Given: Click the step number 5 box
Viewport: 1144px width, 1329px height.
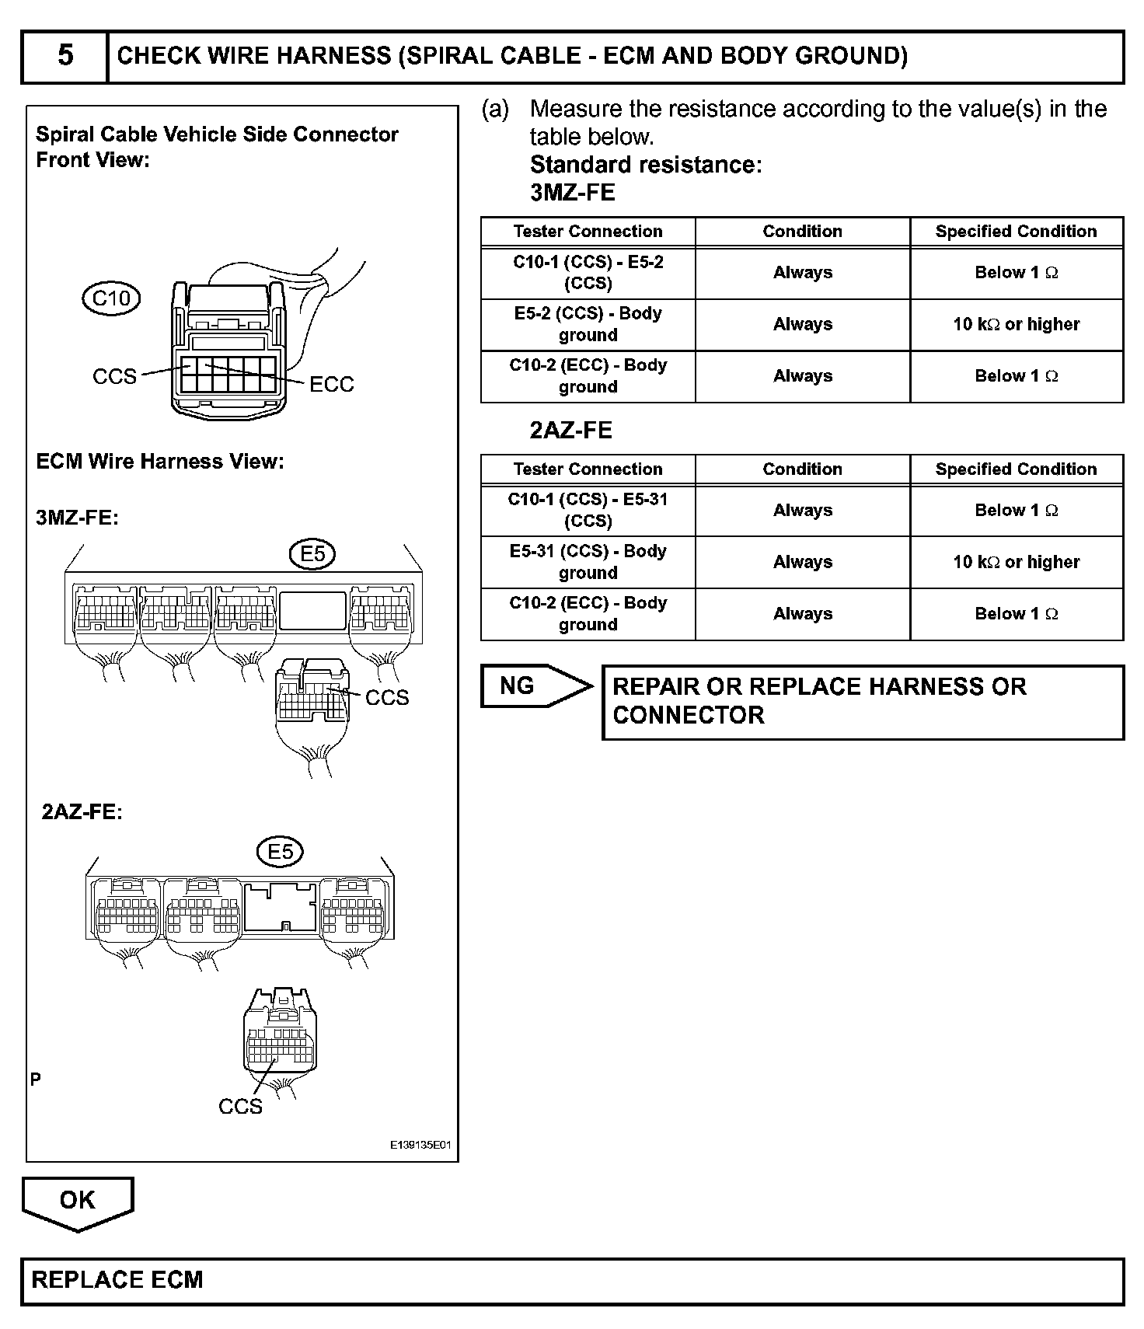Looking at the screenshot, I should pos(65,56).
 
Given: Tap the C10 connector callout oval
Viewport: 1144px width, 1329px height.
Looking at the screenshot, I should pos(111,298).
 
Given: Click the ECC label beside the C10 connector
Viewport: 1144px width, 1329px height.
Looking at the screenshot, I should pos(332,384).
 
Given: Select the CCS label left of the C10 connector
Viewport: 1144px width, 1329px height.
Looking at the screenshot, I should pos(114,376).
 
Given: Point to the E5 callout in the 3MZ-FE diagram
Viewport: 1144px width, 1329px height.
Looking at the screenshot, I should pos(312,554).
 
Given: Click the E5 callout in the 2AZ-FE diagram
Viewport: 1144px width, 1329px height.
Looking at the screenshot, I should pos(280,852).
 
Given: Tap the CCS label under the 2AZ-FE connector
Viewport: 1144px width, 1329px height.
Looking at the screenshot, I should pos(240,1106).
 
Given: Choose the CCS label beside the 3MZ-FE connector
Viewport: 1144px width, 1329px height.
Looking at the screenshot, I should pos(387,697).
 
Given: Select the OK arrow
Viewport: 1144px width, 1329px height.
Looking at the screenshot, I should pos(78,1201).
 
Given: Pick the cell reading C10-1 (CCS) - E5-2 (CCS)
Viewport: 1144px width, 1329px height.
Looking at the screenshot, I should pos(588,273).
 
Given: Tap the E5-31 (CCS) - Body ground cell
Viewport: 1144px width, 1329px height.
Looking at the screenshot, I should pos(588,562).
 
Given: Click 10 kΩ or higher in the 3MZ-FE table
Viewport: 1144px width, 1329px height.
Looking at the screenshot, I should pos(1017,324).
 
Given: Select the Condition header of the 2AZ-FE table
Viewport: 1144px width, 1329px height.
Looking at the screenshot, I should pos(802,469).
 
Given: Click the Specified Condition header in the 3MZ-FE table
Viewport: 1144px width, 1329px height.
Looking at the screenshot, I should pos(1017,232).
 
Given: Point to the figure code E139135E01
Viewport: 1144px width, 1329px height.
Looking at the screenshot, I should pos(420,1146).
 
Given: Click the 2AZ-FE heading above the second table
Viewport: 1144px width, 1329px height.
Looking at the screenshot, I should pos(571,430).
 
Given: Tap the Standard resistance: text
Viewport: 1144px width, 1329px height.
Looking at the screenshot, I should pos(646,165).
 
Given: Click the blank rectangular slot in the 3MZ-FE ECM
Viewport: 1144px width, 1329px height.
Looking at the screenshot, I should pos(312,611).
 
